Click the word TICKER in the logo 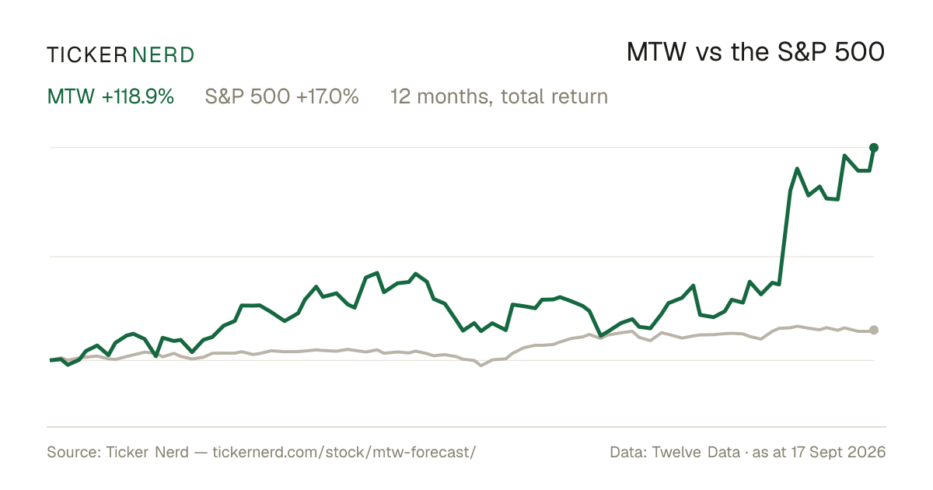[87, 55]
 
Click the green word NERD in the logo [162, 55]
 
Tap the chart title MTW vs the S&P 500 [756, 52]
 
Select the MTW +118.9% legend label [110, 96]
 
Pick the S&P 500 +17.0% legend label [281, 96]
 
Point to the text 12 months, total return [499, 97]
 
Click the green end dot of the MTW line [874, 148]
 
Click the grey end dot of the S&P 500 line [874, 330]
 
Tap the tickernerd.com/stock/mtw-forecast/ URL [344, 452]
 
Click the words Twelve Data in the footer [696, 452]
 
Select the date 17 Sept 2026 [838, 452]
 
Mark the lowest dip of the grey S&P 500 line [481, 366]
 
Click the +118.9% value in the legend [138, 96]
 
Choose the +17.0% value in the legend [327, 96]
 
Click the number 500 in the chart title [860, 52]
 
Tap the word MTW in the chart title [656, 52]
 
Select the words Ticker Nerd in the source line [147, 452]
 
